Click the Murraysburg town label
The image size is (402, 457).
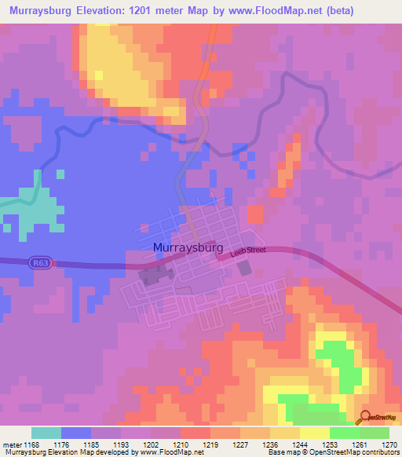(188, 248)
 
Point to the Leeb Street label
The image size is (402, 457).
(249, 250)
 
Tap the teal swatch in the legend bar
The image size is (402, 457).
(46, 433)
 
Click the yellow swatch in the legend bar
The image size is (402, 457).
(314, 433)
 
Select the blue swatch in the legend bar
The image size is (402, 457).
(76, 433)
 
